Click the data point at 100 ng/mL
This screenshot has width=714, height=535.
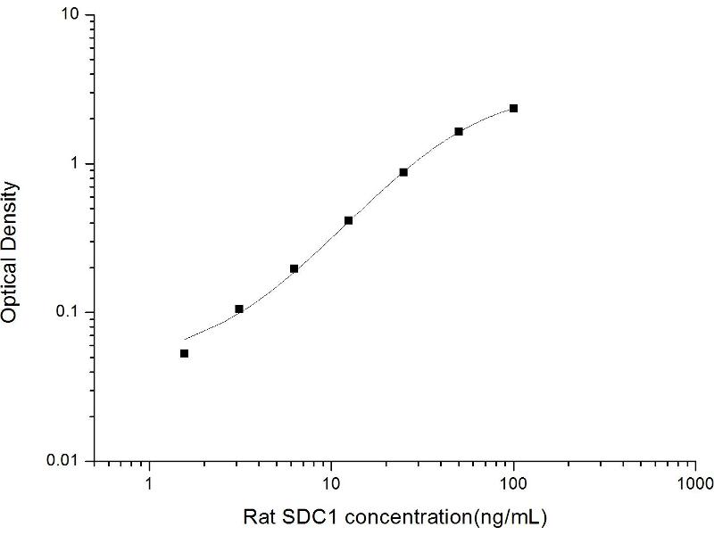[513, 109]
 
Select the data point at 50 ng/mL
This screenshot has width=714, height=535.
[459, 131]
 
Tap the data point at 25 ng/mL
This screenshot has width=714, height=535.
[403, 172]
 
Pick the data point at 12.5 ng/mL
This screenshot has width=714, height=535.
[348, 220]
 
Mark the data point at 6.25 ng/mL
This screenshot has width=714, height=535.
[294, 268]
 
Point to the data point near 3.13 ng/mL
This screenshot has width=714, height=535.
[239, 309]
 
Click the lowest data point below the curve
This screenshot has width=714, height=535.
[185, 354]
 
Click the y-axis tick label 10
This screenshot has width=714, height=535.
[73, 16]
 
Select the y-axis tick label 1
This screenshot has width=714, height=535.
[78, 164]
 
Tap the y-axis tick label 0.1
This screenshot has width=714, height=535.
[71, 312]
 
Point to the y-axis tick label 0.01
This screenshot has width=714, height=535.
[68, 460]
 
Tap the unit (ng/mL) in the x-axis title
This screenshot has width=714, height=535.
[512, 517]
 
